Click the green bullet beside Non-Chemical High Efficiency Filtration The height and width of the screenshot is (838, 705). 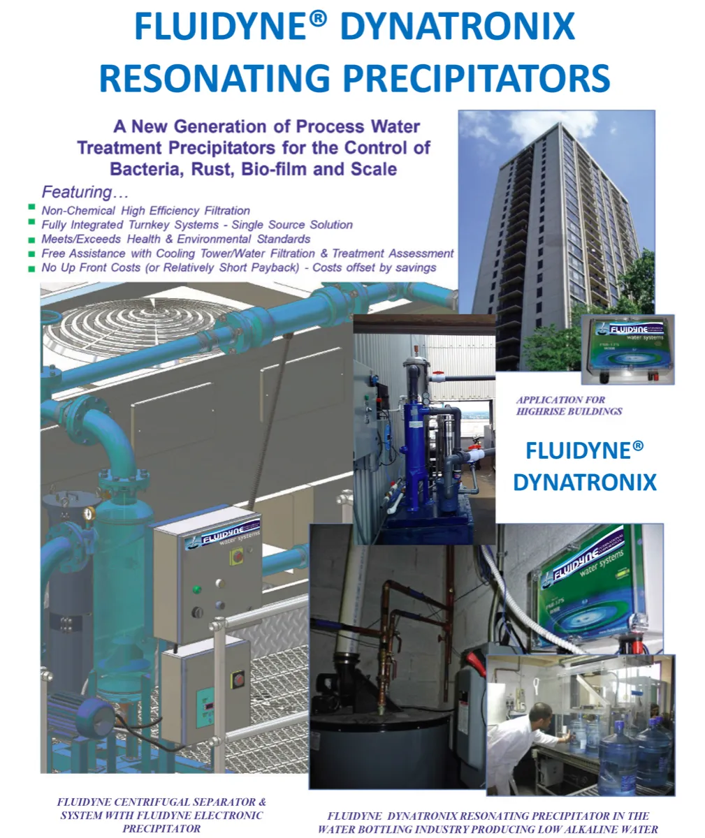[31, 207]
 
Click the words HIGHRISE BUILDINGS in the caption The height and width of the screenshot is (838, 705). [569, 411]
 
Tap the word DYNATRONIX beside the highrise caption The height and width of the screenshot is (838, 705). [585, 482]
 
